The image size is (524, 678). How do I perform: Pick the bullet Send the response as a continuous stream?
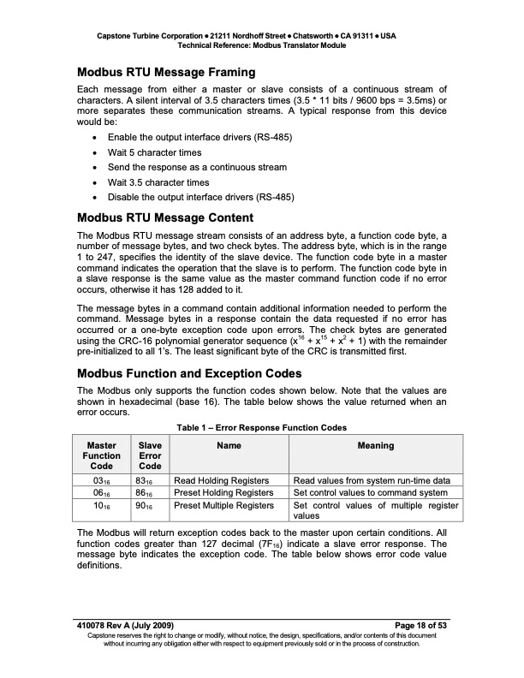[197, 167]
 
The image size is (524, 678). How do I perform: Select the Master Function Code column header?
[101, 455]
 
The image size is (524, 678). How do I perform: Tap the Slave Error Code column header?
[150, 455]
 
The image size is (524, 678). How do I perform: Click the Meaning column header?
[375, 445]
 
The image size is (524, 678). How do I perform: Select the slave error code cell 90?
[150, 505]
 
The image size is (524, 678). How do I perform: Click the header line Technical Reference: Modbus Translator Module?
[261, 45]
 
